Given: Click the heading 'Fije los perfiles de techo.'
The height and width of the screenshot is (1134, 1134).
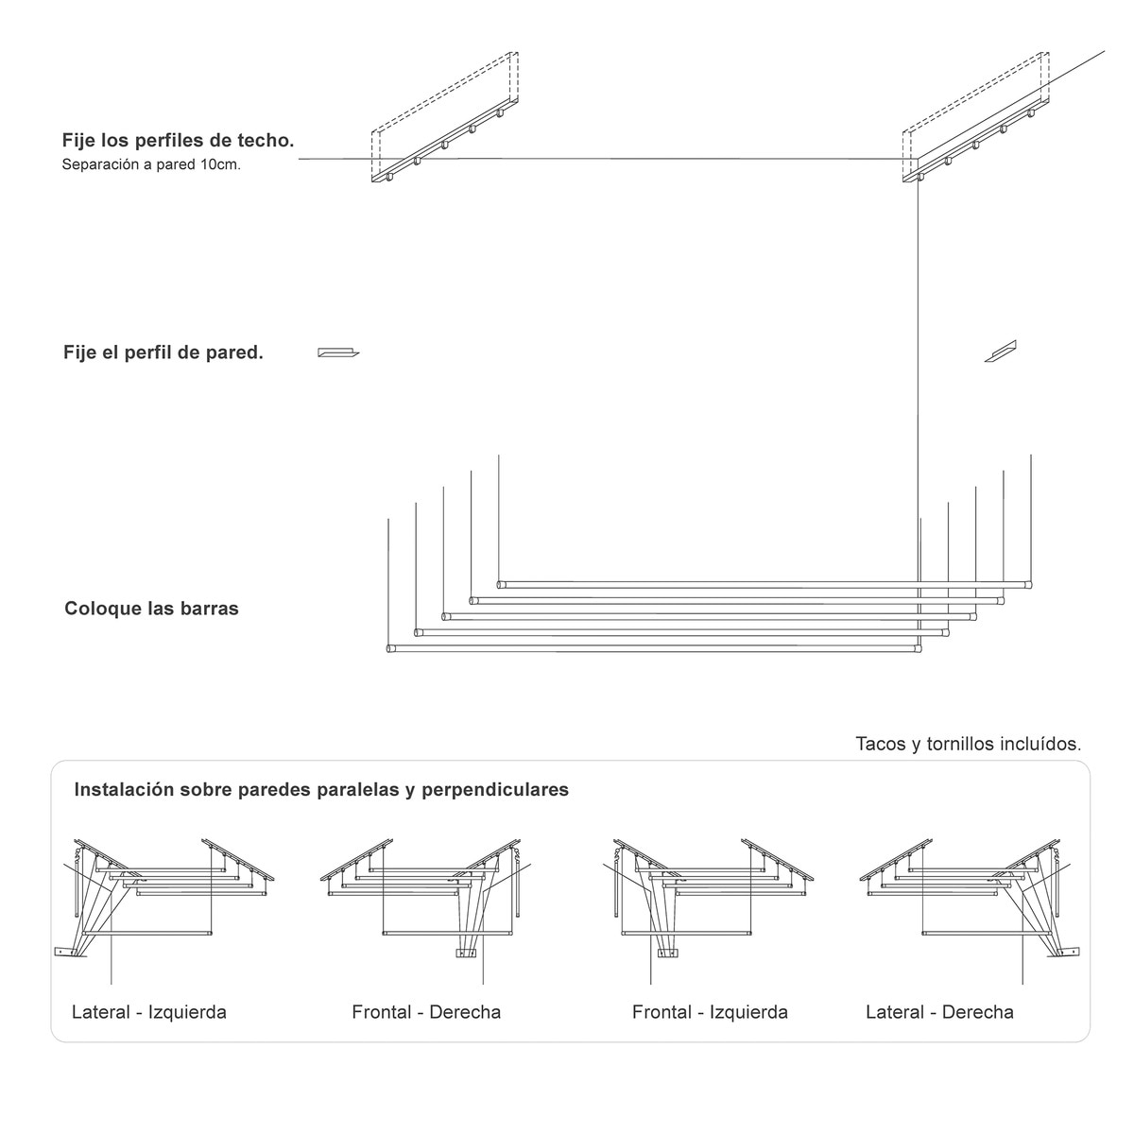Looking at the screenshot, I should point(178,141).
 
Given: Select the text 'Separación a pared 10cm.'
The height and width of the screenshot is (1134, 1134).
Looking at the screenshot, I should point(151,164).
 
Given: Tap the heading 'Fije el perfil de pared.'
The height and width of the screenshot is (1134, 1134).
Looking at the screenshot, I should point(163,352).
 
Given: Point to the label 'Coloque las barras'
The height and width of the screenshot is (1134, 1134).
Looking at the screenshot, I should point(151,609).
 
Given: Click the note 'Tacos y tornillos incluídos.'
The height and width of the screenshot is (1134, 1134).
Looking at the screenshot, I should point(968,744).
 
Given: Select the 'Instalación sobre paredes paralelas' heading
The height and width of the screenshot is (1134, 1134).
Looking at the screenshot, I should point(321,789).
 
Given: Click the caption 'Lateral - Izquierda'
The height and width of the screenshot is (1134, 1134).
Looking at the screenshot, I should point(149,1012).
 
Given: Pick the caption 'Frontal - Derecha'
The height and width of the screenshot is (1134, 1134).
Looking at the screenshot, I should point(426,1012).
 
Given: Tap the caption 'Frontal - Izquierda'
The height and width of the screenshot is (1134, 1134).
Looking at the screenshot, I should point(710,1012).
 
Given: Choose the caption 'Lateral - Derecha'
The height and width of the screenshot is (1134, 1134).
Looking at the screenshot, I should point(939,1012).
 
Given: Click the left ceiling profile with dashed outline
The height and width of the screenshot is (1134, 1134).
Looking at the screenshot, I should point(444,118).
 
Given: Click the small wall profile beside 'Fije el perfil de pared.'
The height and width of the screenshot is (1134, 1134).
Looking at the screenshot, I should point(337,352).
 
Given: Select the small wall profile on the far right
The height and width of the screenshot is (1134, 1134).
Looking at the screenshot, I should point(1000,352).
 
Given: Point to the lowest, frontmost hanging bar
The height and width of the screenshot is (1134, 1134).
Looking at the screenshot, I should point(652,649).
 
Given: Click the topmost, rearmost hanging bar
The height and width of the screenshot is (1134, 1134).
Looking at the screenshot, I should point(765,584).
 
